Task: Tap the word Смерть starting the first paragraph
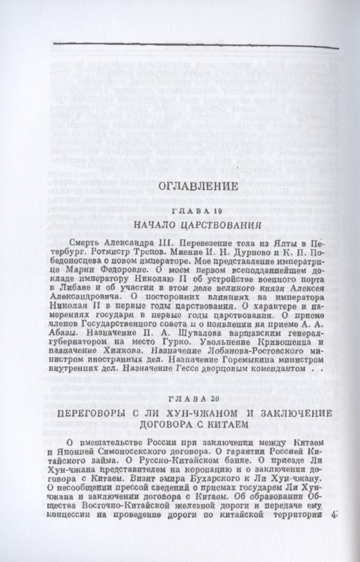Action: pyautogui.click(x=87, y=243)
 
